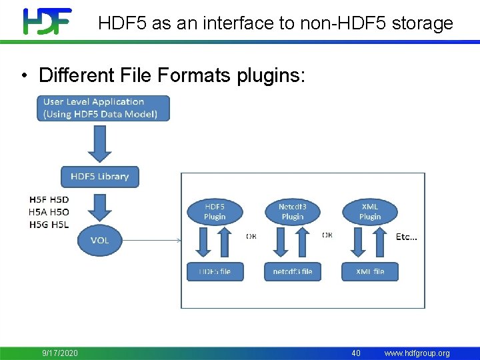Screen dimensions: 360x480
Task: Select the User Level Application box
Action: (x=103, y=108)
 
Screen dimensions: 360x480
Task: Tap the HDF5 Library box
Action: (x=100, y=177)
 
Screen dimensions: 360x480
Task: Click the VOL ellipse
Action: (x=100, y=239)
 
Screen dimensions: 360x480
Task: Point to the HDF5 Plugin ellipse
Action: (x=215, y=211)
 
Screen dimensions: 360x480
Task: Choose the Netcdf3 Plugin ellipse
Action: (x=292, y=211)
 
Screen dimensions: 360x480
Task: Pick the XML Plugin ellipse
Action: (x=370, y=211)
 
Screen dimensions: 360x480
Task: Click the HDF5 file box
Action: (x=215, y=271)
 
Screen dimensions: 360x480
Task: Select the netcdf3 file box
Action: (x=292, y=271)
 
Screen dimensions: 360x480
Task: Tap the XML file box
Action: (x=370, y=271)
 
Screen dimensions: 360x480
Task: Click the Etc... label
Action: (x=406, y=237)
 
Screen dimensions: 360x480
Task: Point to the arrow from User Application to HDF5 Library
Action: (x=100, y=143)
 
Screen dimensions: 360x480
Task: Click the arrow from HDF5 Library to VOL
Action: (x=100, y=207)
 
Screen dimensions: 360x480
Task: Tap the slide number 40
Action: (x=356, y=353)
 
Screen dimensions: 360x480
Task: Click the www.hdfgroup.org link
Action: (x=417, y=353)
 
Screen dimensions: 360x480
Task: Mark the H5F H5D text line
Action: (x=49, y=199)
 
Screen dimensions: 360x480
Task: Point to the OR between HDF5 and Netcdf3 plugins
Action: (x=251, y=235)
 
